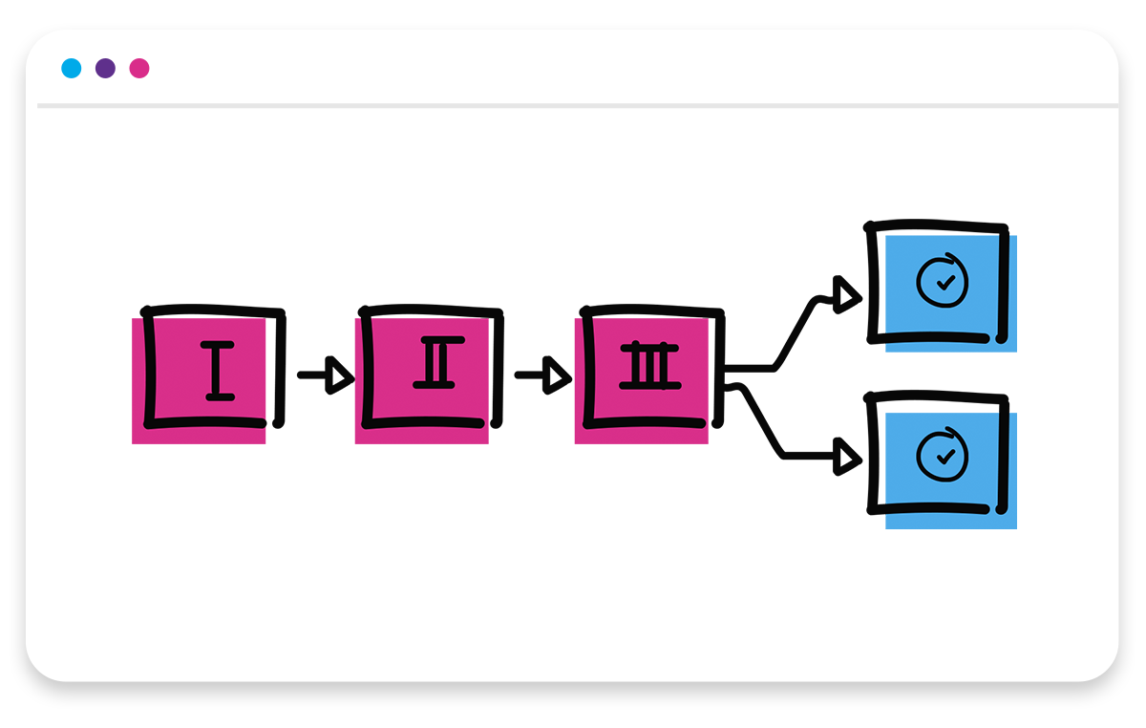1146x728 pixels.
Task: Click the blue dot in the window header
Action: click(72, 68)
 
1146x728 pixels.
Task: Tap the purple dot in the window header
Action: click(105, 68)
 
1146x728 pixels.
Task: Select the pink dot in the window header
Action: click(139, 68)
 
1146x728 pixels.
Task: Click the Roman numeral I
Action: click(219, 370)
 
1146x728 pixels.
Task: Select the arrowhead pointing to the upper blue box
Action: click(845, 296)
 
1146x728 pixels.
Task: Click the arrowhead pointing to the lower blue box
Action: click(845, 457)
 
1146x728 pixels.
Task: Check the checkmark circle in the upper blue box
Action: click(943, 281)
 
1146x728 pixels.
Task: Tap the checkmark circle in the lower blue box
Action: click(943, 456)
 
